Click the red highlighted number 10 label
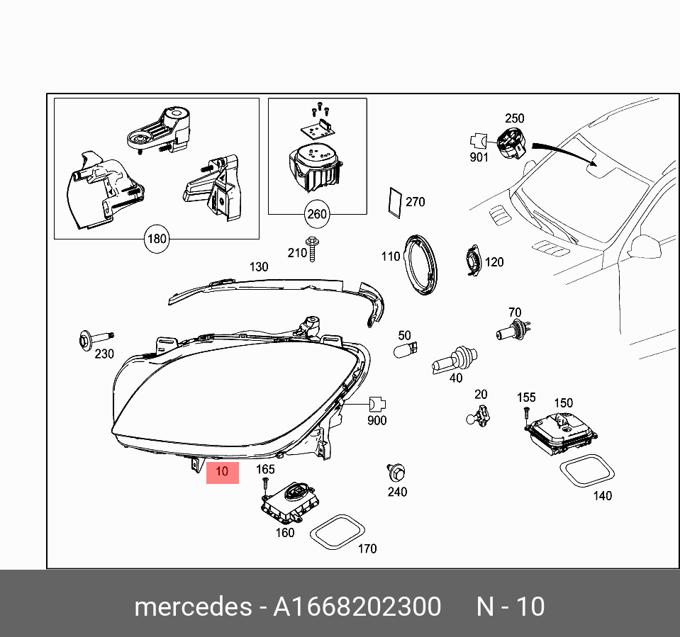click(222, 471)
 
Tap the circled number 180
click(156, 239)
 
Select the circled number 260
click(317, 213)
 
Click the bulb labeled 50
click(405, 349)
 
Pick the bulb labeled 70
click(511, 329)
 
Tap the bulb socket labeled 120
click(472, 261)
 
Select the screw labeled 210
click(313, 249)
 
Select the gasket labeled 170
click(337, 532)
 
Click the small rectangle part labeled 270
click(394, 201)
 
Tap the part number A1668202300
click(357, 607)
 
